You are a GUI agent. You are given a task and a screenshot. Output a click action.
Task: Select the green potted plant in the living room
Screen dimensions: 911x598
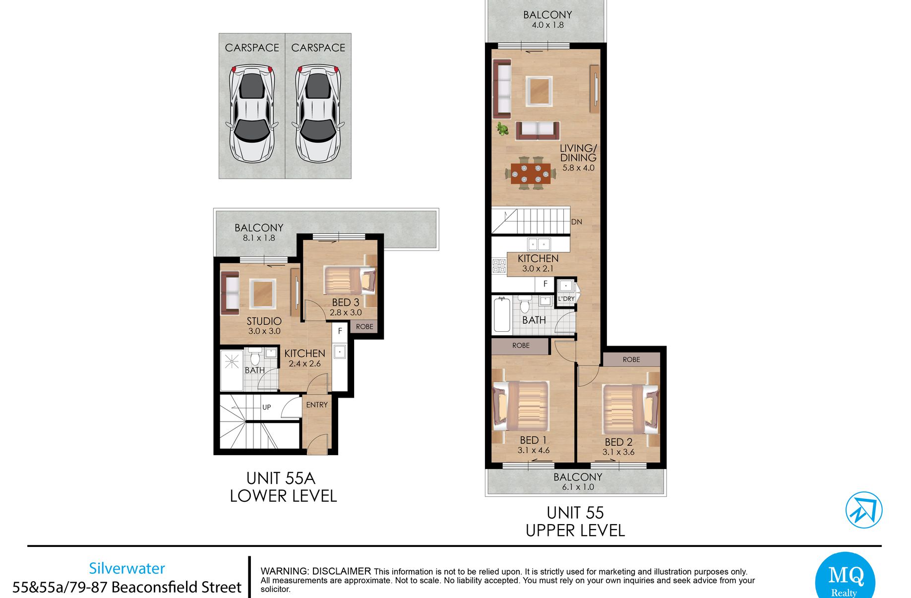click(503, 130)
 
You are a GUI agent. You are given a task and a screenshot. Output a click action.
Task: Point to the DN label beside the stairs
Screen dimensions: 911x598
click(576, 222)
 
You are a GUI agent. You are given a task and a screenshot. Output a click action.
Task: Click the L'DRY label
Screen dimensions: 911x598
click(566, 299)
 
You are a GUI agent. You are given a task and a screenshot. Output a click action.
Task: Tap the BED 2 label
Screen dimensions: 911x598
click(618, 442)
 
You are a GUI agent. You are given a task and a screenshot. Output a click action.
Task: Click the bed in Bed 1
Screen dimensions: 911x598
click(520, 406)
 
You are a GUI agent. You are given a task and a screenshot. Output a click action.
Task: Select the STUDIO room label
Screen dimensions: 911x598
click(264, 321)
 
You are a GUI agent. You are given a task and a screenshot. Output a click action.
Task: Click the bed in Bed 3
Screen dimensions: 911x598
click(350, 281)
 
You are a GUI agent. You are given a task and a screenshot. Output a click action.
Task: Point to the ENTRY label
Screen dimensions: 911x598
click(317, 405)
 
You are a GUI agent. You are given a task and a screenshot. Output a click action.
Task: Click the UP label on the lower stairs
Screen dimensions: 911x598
click(267, 407)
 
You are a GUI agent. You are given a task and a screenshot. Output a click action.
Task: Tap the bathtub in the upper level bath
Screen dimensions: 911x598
click(502, 315)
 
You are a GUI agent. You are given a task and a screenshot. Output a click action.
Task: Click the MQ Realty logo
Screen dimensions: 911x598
click(845, 577)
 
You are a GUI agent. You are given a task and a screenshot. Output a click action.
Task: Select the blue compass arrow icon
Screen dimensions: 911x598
click(864, 510)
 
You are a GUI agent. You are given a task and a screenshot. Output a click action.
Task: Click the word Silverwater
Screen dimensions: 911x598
click(127, 568)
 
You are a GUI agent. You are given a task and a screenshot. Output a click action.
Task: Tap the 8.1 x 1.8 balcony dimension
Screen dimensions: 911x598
click(259, 238)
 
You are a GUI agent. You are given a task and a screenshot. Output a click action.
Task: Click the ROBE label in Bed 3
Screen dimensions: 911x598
click(364, 326)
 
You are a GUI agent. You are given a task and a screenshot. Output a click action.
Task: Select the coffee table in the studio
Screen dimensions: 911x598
click(262, 294)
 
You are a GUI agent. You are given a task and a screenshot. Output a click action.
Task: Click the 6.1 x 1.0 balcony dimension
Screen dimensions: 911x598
click(578, 487)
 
